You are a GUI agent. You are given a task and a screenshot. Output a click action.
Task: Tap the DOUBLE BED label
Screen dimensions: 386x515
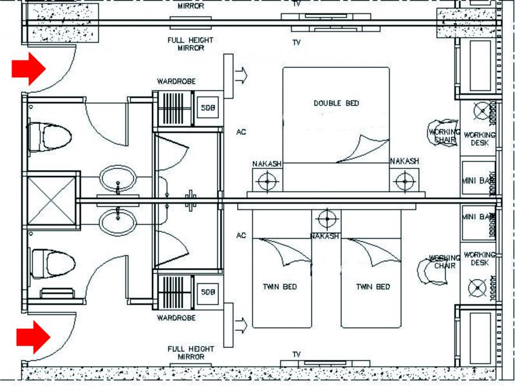coord(336,103)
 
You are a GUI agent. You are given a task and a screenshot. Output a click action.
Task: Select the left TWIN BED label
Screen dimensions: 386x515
coord(280,287)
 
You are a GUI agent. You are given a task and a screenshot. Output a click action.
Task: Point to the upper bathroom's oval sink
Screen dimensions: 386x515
coord(118,179)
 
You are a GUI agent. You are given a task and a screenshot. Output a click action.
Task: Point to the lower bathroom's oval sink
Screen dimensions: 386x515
coord(118,221)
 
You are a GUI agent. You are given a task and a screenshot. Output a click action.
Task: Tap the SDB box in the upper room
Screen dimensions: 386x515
coord(207,107)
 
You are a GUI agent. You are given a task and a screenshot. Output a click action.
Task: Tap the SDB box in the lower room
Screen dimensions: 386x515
coord(207,291)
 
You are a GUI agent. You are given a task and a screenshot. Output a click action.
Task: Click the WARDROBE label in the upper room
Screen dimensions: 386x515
coord(176,82)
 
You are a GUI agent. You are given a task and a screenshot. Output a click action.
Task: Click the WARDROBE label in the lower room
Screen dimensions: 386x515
coord(176,318)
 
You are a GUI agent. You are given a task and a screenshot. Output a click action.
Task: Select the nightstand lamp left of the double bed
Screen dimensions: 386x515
coord(267,181)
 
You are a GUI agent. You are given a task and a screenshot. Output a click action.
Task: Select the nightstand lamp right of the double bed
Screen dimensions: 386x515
coord(404,181)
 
